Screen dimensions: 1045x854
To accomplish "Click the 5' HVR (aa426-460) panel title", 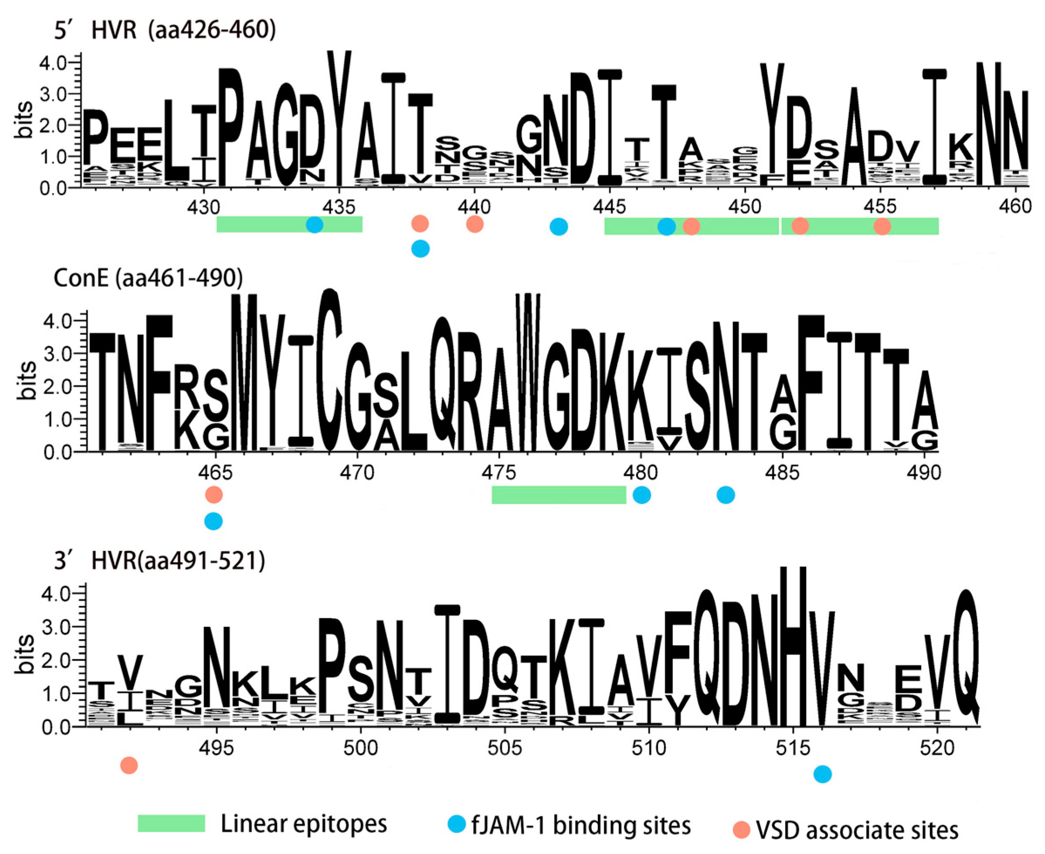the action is click(165, 31).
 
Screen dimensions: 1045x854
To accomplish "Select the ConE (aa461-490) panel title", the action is click(148, 279).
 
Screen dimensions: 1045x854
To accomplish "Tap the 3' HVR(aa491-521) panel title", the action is click(159, 561).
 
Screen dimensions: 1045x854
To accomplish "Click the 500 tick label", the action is click(360, 748).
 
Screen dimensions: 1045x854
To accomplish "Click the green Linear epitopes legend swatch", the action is click(171, 823).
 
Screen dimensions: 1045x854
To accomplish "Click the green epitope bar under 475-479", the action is click(559, 495).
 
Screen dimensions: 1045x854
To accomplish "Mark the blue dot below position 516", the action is click(823, 774).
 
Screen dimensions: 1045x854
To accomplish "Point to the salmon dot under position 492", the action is click(129, 766).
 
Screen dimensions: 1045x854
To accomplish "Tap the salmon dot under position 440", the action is click(475, 225).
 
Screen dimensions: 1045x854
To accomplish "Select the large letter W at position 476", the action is click(528, 372).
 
